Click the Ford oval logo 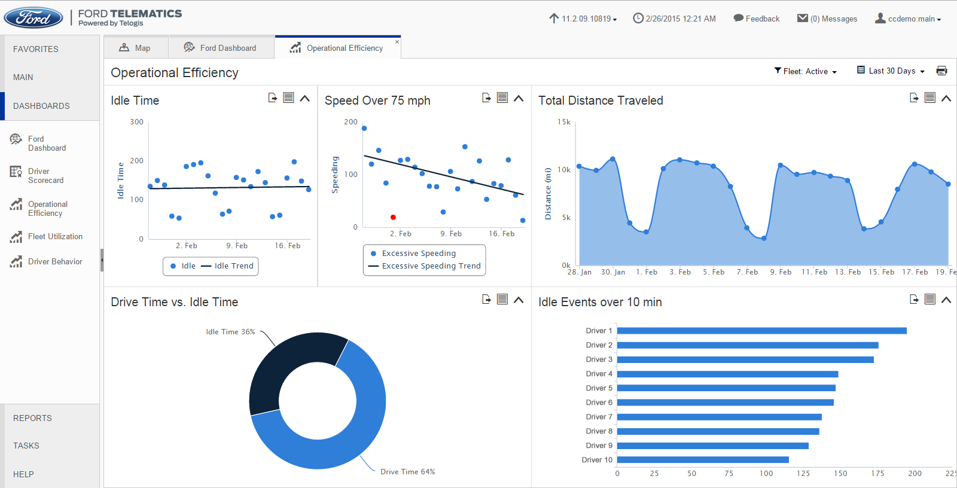point(33,18)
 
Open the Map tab point(135,48)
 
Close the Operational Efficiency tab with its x point(397,42)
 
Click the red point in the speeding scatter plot point(393,217)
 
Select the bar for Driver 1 point(761,331)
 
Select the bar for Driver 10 point(703,460)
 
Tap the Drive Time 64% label point(407,472)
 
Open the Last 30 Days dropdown point(891,71)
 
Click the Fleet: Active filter point(805,71)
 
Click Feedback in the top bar point(757,19)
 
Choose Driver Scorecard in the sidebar point(45,175)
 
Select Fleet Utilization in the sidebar point(55,236)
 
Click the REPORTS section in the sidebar point(32,418)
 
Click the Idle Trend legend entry point(233,266)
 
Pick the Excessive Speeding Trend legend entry point(431,266)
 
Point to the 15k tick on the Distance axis point(564,122)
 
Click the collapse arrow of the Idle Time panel point(305,98)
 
